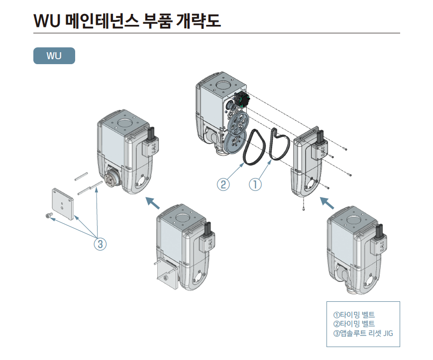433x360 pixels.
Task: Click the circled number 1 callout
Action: (255, 184)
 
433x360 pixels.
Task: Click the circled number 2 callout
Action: (223, 184)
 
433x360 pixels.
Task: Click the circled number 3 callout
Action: (100, 244)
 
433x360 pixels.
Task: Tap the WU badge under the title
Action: (54, 56)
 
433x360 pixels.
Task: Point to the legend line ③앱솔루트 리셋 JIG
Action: (363, 333)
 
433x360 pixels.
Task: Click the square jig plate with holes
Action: (63, 203)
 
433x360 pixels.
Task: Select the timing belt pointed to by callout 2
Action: (255, 147)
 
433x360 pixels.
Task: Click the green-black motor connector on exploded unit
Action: (241, 99)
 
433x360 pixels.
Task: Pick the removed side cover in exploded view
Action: (309, 164)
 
